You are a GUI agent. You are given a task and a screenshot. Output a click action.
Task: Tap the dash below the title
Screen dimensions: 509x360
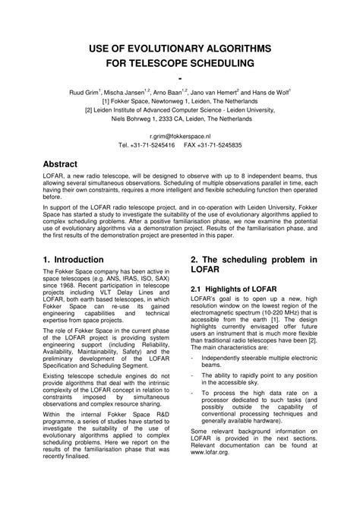[180, 77]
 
